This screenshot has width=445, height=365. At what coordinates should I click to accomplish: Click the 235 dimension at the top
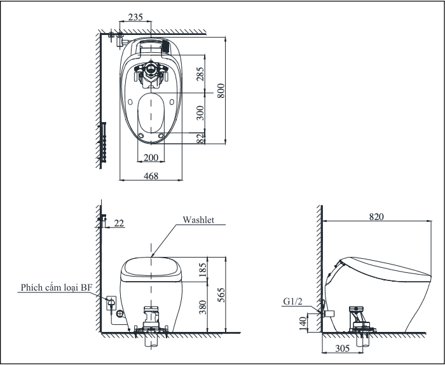coord(135,17)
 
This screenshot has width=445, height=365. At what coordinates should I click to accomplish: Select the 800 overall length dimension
coord(221,91)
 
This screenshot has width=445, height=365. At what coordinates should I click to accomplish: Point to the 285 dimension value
coord(200,74)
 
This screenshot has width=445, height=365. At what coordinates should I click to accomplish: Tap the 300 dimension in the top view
coord(200,113)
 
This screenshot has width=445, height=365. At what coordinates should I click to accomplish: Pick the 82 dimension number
coord(200,139)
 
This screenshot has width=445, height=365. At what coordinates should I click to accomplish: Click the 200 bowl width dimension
coord(151,158)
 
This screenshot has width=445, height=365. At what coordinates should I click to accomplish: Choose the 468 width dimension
coord(151,176)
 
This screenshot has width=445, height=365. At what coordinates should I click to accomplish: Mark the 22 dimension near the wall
coord(120,223)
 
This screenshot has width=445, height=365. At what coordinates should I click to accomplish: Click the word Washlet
coord(198,219)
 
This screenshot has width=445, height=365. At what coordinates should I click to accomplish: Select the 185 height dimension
coord(202,270)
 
